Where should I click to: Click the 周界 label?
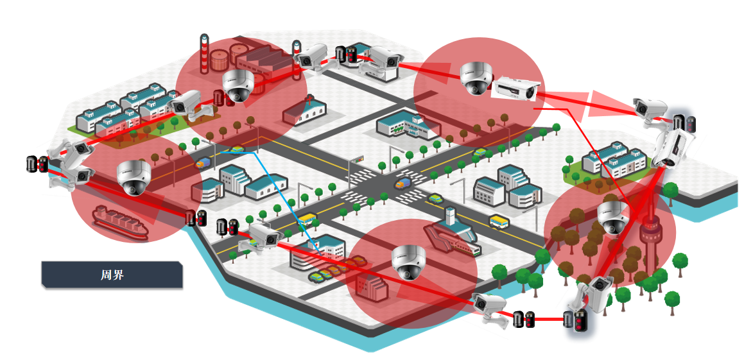pos(112,275)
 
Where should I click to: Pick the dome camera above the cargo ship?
pos(134,177)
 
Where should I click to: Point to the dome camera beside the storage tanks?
pos(238,86)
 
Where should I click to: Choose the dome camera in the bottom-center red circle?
pos(408,263)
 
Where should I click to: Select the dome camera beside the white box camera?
pos(476,78)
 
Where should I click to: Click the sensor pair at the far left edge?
pos(37,164)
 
